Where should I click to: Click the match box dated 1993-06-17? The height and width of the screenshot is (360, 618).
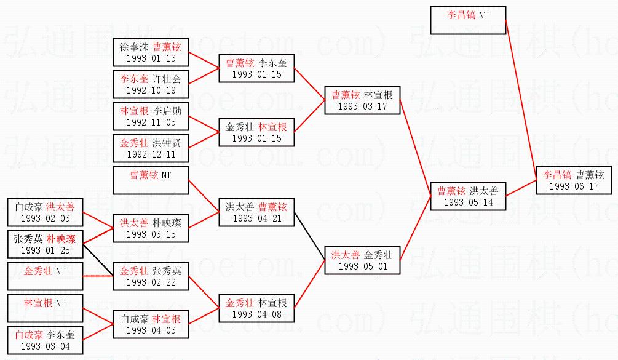574,180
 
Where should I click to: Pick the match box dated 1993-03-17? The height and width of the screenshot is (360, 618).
363,100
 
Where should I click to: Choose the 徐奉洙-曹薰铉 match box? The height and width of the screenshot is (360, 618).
151,52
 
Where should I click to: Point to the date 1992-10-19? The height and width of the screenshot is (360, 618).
151,90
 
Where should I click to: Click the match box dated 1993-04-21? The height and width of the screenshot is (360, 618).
256,212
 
